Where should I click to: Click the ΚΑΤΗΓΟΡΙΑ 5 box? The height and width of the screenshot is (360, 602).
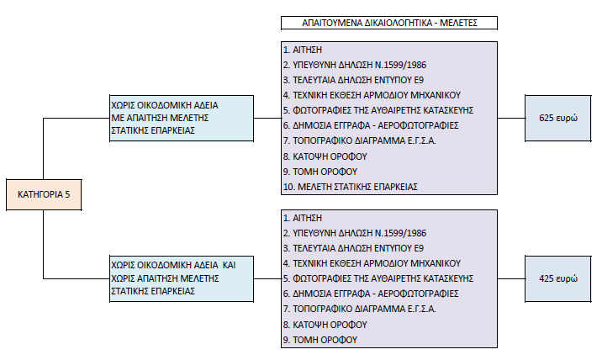coord(44,194)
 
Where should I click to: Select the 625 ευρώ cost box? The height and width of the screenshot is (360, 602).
coord(557,118)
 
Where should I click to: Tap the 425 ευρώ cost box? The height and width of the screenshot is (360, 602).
coord(557,278)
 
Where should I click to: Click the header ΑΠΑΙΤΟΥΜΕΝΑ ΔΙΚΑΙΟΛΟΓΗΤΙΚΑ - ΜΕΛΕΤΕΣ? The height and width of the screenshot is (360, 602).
coord(389,23)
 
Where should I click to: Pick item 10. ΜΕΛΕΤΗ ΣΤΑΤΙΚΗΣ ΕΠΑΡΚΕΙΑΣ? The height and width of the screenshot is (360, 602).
coord(350,187)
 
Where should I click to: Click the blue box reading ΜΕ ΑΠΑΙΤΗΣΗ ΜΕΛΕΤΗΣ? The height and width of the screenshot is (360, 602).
coord(182,118)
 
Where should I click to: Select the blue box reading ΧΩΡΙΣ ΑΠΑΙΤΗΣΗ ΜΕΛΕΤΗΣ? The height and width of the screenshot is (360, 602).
coord(182,278)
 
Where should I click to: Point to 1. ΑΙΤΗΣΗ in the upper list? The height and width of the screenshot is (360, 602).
coord(303,50)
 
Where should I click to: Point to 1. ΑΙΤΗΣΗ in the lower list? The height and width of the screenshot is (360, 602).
coord(303,218)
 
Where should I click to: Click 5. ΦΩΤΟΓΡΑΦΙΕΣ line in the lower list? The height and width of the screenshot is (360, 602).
coord(378,278)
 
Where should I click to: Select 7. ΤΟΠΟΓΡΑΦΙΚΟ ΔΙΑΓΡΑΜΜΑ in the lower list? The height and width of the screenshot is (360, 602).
coord(359,309)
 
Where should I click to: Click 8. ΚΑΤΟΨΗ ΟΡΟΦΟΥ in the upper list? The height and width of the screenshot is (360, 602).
coord(325,156)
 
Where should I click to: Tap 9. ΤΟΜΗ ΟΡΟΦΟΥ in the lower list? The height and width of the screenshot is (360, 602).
coord(320,340)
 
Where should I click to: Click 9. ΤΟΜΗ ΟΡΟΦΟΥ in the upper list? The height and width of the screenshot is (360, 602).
coord(320,172)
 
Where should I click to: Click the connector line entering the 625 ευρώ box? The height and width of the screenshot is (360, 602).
coord(511,118)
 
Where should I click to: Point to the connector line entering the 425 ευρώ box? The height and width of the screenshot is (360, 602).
coord(511,278)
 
